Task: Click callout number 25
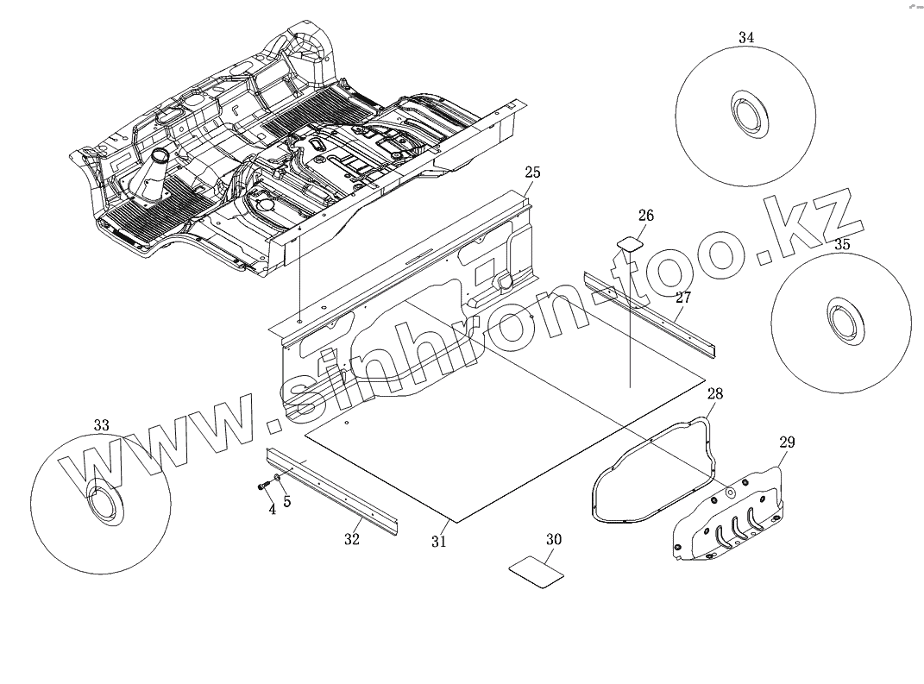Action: coord(532,173)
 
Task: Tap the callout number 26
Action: coord(646,215)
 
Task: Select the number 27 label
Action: coord(683,298)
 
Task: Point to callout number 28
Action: coord(715,394)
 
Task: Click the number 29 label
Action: coord(787,442)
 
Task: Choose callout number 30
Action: coord(554,540)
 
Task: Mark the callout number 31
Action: coord(439,542)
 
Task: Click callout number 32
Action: coord(352,540)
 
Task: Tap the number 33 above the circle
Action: coord(101,425)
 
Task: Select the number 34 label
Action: coord(746,37)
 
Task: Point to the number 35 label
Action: coord(842,244)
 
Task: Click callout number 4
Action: coord(272,510)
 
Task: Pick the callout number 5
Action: coord(286,500)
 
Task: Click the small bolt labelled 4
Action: coord(262,487)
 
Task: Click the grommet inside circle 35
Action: coord(841,320)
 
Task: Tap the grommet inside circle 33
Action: coord(104,501)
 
